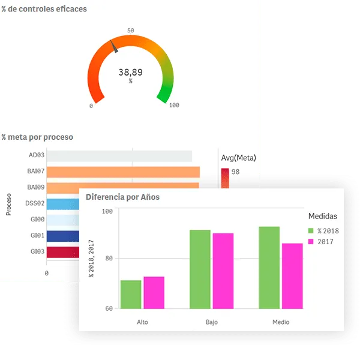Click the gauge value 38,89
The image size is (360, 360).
click(130, 72)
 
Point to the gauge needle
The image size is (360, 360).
click(114, 46)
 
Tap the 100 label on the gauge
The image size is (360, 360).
click(174, 105)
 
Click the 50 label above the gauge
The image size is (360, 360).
click(131, 31)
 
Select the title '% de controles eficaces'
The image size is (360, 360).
click(44, 9)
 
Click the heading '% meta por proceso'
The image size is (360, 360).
click(37, 137)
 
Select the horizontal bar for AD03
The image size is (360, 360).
click(119, 156)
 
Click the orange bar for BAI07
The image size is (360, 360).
click(123, 172)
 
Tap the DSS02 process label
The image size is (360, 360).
click(35, 203)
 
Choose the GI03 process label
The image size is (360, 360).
click(37, 251)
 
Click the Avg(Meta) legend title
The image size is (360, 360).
click(239, 158)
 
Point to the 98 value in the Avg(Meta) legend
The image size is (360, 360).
click(235, 172)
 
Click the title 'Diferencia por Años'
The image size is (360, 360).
click(122, 197)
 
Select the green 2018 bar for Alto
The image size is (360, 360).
click(131, 295)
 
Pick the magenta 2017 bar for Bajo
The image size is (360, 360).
click(223, 271)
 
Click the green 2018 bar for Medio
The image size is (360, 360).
click(269, 268)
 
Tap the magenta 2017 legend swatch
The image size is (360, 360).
click(311, 242)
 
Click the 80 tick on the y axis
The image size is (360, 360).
click(109, 259)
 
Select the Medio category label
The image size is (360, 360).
click(281, 322)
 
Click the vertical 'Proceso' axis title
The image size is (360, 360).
click(8, 205)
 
